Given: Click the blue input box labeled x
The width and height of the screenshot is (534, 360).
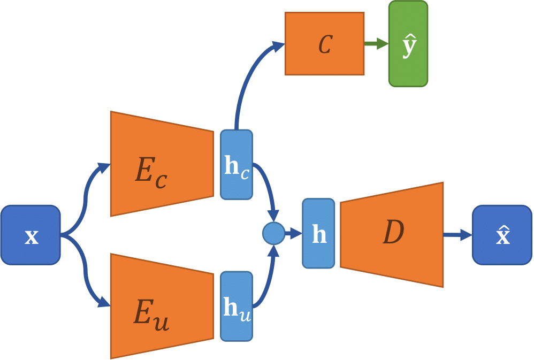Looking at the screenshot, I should (x=30, y=235).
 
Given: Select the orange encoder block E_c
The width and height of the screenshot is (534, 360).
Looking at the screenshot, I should (x=161, y=164).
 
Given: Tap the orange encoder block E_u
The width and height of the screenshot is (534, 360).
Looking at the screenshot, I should (x=161, y=306).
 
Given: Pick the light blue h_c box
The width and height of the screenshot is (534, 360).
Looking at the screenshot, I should (x=236, y=165).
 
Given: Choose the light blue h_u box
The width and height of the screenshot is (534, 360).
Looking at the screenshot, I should (x=236, y=307).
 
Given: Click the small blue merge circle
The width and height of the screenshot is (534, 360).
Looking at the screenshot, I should (x=273, y=234).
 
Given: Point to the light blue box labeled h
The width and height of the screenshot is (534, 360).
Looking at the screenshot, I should (x=318, y=234).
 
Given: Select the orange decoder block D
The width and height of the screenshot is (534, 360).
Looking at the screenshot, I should (x=392, y=234).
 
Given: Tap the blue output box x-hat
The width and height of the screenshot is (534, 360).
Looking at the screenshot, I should (x=502, y=235).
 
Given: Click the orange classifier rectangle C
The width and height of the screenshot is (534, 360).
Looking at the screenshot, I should (x=324, y=44).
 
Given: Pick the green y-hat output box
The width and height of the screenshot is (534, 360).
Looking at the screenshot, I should (x=408, y=44).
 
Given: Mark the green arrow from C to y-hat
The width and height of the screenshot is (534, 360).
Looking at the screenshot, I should (x=376, y=44).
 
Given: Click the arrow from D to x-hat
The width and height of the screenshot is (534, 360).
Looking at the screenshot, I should (x=457, y=234).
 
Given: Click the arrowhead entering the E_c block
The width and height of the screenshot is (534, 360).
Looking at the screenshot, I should (x=103, y=167).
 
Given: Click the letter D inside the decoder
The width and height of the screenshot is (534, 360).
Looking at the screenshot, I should (x=393, y=233).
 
